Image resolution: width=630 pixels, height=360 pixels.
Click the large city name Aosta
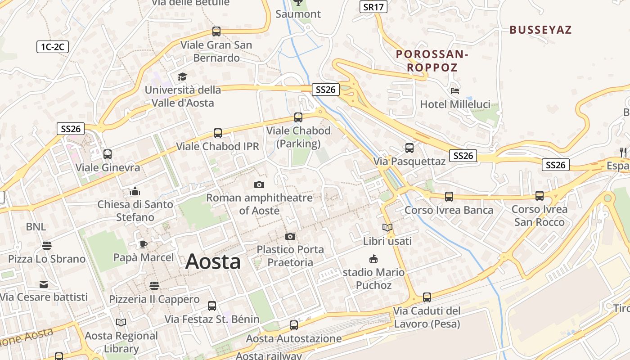[213, 261]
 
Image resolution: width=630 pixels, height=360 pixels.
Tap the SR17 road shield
[373, 7]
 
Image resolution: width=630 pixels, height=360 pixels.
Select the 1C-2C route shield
[53, 46]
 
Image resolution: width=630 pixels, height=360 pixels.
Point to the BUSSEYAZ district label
[540, 30]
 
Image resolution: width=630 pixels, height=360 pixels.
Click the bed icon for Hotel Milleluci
[455, 91]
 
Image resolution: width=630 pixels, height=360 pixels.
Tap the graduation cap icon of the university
[182, 76]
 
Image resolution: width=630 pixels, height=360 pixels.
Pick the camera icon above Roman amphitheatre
[259, 184]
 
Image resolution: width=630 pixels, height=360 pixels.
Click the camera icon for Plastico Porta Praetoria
[290, 236]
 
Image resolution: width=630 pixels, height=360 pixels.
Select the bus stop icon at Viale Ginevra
[108, 154]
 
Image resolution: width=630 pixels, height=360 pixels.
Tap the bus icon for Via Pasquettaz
[409, 148]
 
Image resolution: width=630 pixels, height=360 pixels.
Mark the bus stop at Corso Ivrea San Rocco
[540, 196]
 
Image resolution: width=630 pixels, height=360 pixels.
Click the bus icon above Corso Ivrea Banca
[449, 196]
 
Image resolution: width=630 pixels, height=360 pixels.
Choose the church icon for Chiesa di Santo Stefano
[135, 191]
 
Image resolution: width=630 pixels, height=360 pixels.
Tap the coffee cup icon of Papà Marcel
[143, 244]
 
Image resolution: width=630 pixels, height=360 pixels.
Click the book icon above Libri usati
[387, 228]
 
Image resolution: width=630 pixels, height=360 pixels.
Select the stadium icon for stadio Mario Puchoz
[373, 259]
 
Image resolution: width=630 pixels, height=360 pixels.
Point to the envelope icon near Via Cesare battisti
[44, 284]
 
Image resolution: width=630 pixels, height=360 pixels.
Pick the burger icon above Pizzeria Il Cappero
[154, 286]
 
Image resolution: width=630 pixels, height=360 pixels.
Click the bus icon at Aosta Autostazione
[294, 325]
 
